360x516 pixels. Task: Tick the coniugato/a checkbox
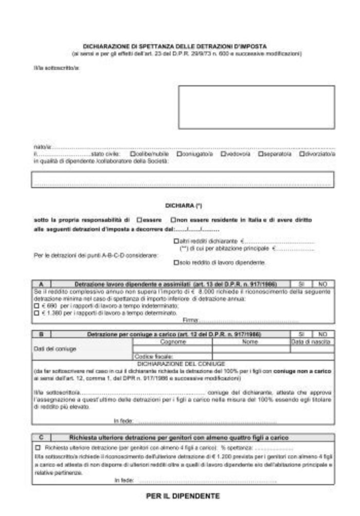tap(178, 153)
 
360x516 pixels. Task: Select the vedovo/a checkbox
tap(223, 153)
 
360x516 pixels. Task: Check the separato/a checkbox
tap(261, 153)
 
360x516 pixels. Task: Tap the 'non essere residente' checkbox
tap(174, 220)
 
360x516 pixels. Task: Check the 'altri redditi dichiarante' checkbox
tap(176, 241)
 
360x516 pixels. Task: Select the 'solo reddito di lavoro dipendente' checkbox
tap(176, 262)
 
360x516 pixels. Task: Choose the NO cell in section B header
tap(323, 334)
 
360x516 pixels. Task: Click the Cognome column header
tap(172, 341)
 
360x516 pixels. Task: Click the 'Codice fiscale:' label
tap(150, 356)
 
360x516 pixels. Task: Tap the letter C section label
tap(41, 437)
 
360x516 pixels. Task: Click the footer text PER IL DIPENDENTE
tap(183, 496)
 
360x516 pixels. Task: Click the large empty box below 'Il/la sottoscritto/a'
tap(256, 107)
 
